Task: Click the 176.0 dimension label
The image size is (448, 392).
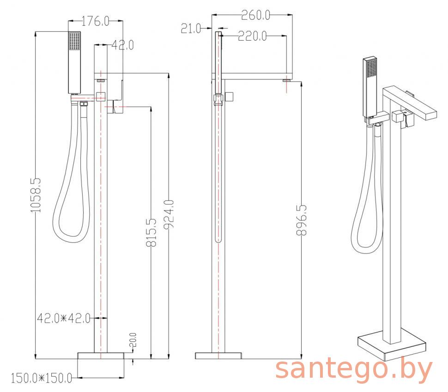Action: tap(95, 21)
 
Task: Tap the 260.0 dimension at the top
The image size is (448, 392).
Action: tap(255, 15)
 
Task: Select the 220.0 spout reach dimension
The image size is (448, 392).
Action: tap(252, 36)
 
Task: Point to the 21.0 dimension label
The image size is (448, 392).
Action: tap(191, 29)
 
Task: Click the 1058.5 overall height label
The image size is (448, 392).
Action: tap(36, 195)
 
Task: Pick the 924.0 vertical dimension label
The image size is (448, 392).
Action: tap(169, 215)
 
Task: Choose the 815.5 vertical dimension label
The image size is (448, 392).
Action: tap(151, 232)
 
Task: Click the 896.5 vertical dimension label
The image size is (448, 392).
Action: tap(301, 220)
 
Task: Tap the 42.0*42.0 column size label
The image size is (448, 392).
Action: tap(64, 318)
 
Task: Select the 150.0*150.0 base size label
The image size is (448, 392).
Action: tap(42, 379)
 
